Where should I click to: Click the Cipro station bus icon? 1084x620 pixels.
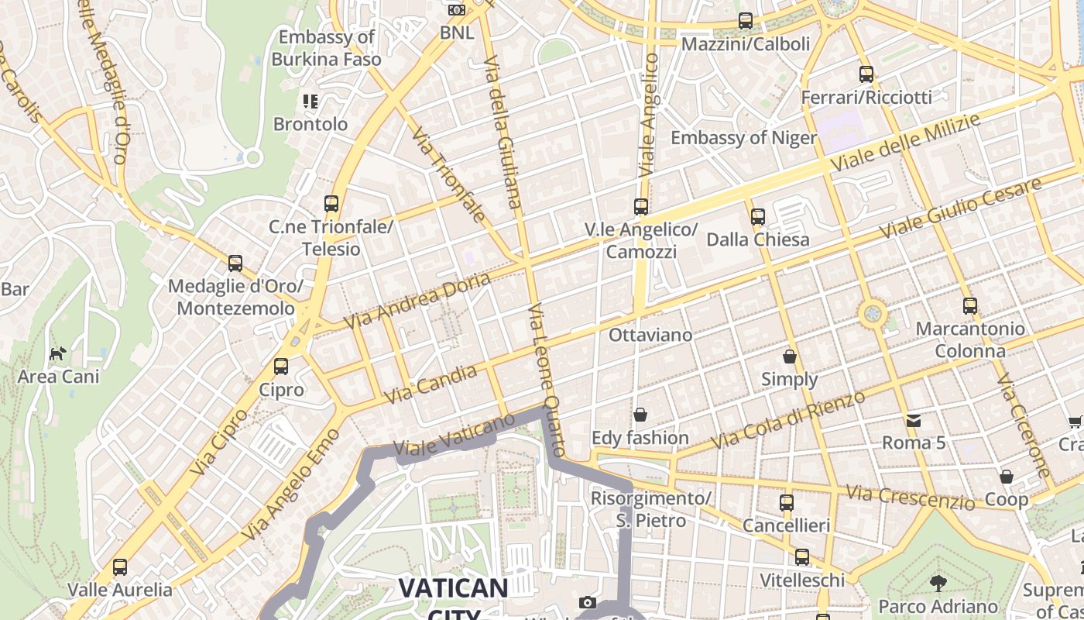click(x=281, y=367)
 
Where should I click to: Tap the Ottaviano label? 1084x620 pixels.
click(x=650, y=336)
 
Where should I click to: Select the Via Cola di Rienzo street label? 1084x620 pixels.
click(x=788, y=420)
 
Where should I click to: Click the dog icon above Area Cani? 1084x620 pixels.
click(x=58, y=354)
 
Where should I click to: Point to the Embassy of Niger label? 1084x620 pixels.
click(x=743, y=138)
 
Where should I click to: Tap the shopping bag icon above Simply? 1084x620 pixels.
click(x=790, y=356)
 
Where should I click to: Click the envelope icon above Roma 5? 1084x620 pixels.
click(x=914, y=420)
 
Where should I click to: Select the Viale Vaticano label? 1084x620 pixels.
click(x=454, y=435)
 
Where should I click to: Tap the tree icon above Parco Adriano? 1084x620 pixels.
click(x=938, y=583)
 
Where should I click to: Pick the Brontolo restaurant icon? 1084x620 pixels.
click(x=310, y=101)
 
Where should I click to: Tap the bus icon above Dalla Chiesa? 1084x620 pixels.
click(x=758, y=216)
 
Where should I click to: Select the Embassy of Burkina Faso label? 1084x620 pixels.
click(x=326, y=48)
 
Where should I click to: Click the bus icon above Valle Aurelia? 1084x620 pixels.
click(x=120, y=567)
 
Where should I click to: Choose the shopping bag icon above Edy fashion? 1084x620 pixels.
click(x=640, y=415)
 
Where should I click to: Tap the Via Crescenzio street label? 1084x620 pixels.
click(x=910, y=498)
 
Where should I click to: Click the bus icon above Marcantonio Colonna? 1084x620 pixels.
click(x=969, y=305)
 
